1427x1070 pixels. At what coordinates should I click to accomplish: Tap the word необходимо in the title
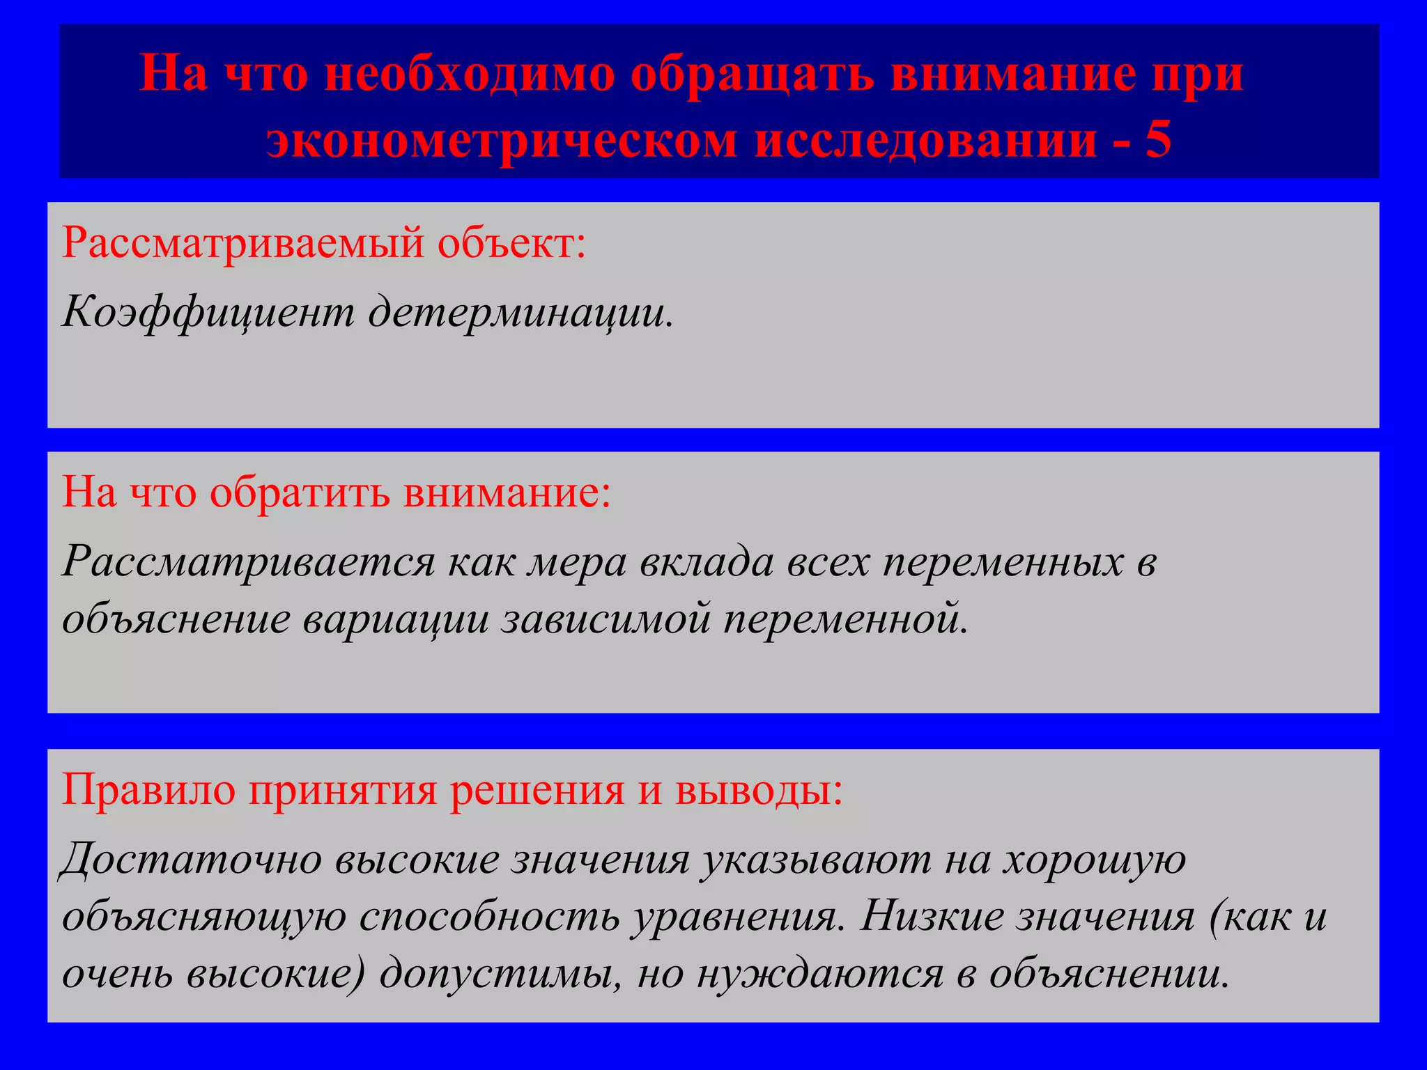[x=470, y=74]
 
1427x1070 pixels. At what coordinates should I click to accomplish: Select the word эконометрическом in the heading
[x=501, y=140]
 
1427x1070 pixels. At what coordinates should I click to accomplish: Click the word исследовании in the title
[x=926, y=140]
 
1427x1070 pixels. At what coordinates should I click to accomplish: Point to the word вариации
[x=396, y=618]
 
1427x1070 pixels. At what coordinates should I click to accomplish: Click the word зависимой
[x=605, y=618]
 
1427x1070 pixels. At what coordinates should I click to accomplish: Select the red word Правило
[x=148, y=790]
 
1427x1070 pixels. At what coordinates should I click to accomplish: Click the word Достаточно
[x=191, y=859]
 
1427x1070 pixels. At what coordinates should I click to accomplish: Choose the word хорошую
[x=1094, y=859]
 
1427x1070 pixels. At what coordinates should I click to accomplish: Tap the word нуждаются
[x=819, y=973]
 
